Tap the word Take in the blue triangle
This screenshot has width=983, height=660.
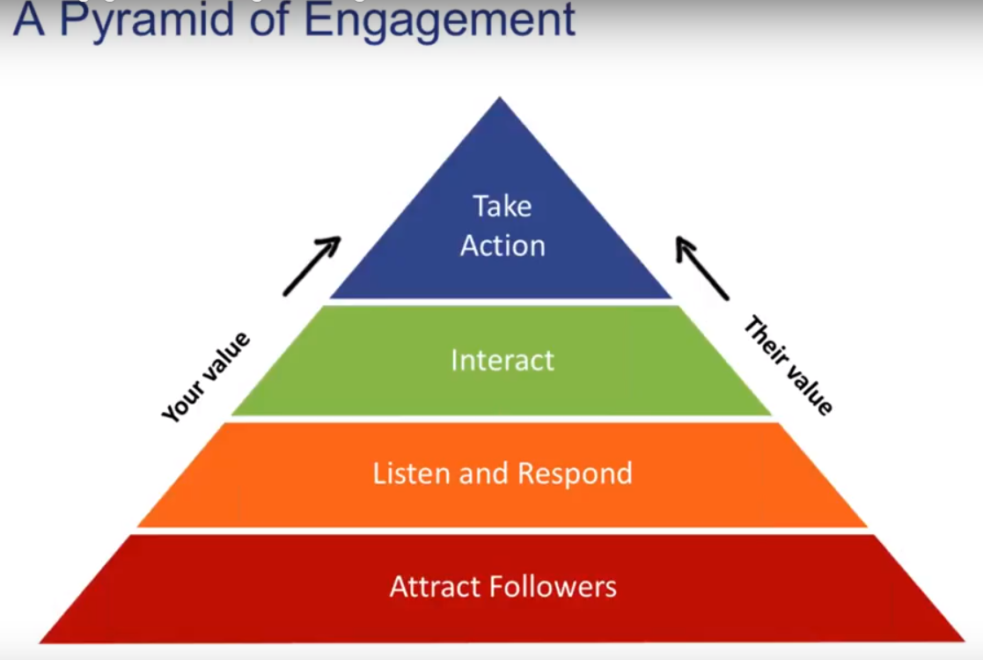pyautogui.click(x=503, y=206)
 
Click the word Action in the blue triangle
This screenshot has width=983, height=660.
pyautogui.click(x=503, y=245)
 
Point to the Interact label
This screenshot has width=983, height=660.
pyautogui.click(x=503, y=360)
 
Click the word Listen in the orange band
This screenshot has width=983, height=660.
pyautogui.click(x=412, y=473)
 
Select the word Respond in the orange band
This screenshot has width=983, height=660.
pyautogui.click(x=575, y=473)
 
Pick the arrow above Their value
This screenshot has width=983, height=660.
pyautogui.click(x=701, y=268)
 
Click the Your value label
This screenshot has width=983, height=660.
pyautogui.click(x=206, y=377)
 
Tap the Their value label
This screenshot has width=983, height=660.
pyautogui.click(x=788, y=365)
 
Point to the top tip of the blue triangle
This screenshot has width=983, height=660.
pyautogui.click(x=501, y=99)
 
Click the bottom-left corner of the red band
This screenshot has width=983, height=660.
pyautogui.click(x=41, y=641)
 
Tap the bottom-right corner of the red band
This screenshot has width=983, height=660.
pyautogui.click(x=963, y=640)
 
